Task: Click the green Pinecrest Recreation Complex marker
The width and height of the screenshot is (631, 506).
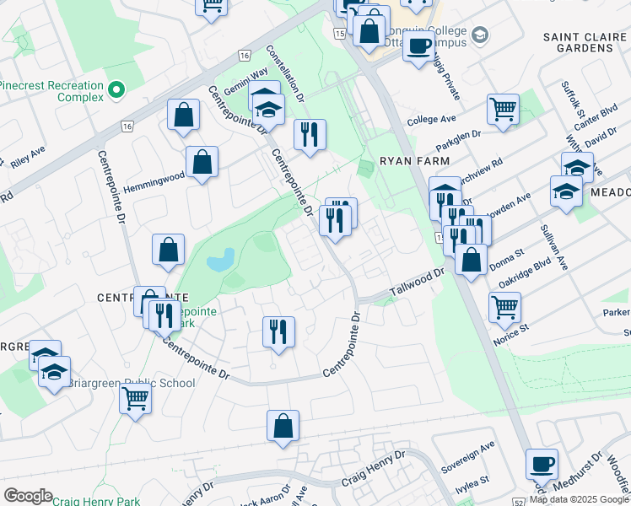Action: [116, 87]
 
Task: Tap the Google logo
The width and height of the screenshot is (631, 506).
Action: [28, 496]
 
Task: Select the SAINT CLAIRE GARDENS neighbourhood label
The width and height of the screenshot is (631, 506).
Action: [578, 42]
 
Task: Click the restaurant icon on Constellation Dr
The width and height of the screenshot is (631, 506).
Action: [310, 134]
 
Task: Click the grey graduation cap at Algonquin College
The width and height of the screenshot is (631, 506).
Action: [480, 35]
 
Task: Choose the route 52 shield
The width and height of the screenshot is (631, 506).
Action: [517, 501]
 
